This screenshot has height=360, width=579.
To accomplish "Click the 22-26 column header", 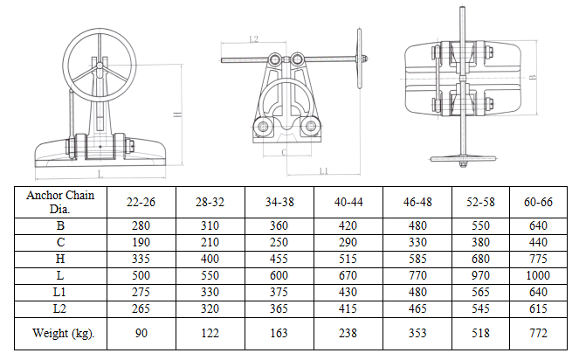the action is (141, 202).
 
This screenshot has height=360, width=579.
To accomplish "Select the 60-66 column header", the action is (538, 202).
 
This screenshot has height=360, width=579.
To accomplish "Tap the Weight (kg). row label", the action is (63, 334).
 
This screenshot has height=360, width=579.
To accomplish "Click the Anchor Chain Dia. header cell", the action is (60, 202).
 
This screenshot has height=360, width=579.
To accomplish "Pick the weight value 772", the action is (538, 334).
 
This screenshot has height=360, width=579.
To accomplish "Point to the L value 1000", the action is (538, 276).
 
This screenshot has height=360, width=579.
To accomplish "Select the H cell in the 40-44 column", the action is (348, 260).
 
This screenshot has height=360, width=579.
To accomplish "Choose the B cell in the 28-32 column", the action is (210, 225).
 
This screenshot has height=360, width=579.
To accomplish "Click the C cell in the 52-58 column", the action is (480, 242).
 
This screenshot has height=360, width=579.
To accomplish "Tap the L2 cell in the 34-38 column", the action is (279, 309).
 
